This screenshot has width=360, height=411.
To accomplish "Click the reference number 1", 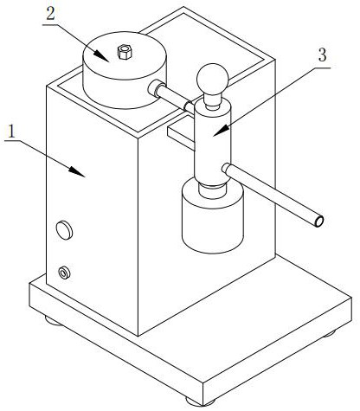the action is click(11, 132).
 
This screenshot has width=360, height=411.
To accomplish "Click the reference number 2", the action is click(50, 14).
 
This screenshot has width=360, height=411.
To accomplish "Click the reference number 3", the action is click(322, 55).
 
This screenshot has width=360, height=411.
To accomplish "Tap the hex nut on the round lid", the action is click(125, 52).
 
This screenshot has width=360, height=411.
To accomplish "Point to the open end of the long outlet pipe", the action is click(318, 222).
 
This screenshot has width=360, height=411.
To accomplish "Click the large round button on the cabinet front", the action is click(64, 230).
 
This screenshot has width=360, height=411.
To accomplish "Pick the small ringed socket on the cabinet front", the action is click(64, 273).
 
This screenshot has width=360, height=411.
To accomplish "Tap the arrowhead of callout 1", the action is click(77, 171).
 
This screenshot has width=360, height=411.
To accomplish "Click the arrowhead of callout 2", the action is click(101, 55).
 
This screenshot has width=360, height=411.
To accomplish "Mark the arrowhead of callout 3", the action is click(222, 130).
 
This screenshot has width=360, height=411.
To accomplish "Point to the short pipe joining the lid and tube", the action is click(171, 96).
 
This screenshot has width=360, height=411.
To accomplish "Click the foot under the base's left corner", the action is click(53, 321).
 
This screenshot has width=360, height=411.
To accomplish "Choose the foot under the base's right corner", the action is click(329, 334).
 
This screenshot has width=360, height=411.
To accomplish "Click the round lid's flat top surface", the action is click(125, 55).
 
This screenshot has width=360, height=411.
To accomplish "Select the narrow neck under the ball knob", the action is click(213, 101).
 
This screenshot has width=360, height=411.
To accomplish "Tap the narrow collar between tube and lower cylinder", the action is click(213, 191).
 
